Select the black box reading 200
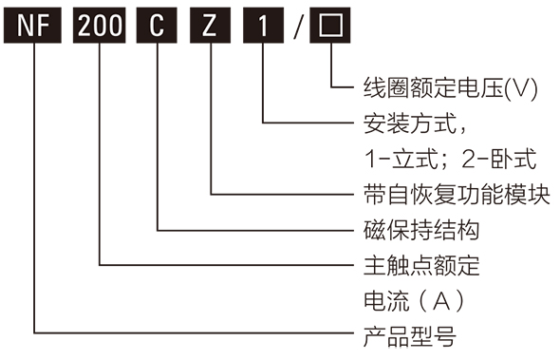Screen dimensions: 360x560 point(100,27)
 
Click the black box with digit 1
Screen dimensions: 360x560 point(262,27)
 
